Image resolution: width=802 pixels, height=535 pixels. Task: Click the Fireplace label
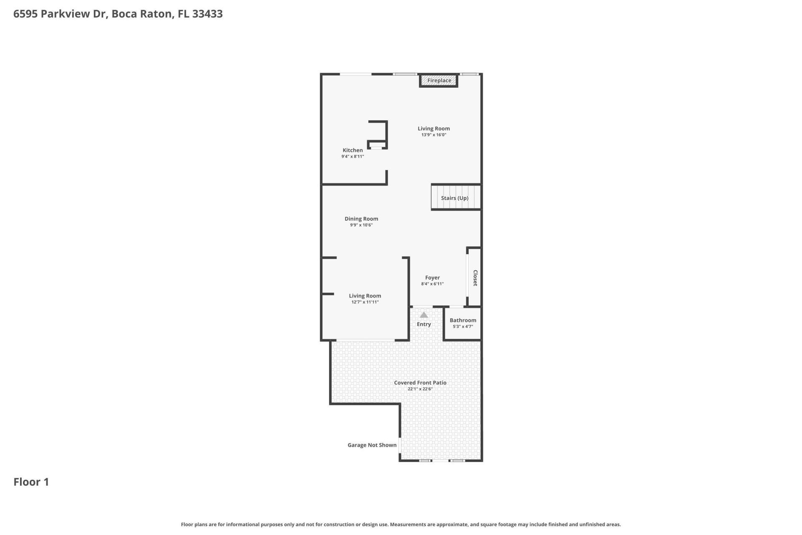[439, 80]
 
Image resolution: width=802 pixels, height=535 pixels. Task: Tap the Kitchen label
[353, 150]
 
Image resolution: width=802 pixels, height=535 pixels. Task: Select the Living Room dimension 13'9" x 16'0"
[434, 135]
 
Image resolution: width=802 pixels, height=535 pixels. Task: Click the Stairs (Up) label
[454, 198]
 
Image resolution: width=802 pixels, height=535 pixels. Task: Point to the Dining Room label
[361, 219]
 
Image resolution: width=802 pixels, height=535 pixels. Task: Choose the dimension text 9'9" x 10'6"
[361, 225]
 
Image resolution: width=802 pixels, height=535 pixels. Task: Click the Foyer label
[432, 278]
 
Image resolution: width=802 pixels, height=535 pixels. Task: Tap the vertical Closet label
[475, 278]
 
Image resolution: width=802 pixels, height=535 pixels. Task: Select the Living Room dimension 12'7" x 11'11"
[365, 302]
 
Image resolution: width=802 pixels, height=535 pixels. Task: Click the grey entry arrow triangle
[424, 315]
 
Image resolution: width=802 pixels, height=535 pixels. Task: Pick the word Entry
[424, 324]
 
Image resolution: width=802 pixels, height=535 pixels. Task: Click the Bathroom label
[463, 320]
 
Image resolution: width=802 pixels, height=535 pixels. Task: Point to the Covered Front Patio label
[420, 382]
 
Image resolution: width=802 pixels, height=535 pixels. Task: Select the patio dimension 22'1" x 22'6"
[420, 389]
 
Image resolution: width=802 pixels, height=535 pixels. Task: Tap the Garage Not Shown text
[372, 445]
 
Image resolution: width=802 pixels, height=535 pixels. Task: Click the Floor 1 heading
[31, 482]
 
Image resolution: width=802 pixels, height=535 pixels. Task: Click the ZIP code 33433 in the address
[207, 14]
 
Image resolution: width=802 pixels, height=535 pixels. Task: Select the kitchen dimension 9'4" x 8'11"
[353, 157]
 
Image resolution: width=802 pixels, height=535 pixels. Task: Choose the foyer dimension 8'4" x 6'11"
[432, 284]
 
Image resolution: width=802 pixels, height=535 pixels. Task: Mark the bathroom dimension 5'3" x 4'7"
[463, 327]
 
